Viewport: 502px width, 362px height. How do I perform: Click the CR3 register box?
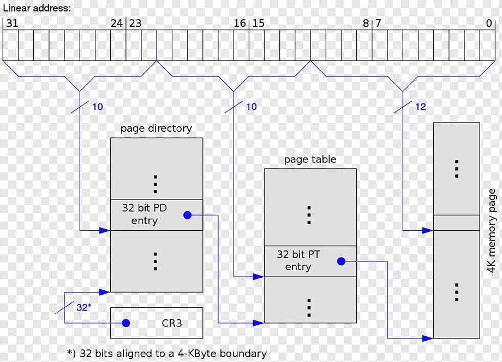(157, 323)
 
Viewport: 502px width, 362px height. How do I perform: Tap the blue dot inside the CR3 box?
(126, 323)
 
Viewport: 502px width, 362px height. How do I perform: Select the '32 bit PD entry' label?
(145, 214)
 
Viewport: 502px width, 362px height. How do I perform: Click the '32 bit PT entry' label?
(298, 260)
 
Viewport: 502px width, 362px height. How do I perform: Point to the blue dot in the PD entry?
(188, 215)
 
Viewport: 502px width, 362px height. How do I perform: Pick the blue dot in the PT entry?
(342, 261)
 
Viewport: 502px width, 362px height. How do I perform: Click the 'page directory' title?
(156, 129)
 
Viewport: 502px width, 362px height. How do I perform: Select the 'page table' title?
(310, 160)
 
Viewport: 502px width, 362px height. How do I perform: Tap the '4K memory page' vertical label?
(492, 231)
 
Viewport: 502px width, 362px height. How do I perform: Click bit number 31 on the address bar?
(11, 24)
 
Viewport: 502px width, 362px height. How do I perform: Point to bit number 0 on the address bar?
(489, 24)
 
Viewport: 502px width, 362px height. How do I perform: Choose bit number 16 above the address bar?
(240, 24)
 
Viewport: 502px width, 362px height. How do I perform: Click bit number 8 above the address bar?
(366, 24)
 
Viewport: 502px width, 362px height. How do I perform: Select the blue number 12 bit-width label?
(420, 107)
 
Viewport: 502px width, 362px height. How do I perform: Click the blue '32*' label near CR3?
(83, 307)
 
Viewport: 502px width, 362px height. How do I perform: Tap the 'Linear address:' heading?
(37, 8)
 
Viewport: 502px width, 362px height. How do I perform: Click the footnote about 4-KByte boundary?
(167, 353)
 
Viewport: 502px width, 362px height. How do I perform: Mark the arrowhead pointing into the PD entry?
(105, 231)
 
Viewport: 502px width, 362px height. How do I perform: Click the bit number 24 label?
(117, 24)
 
